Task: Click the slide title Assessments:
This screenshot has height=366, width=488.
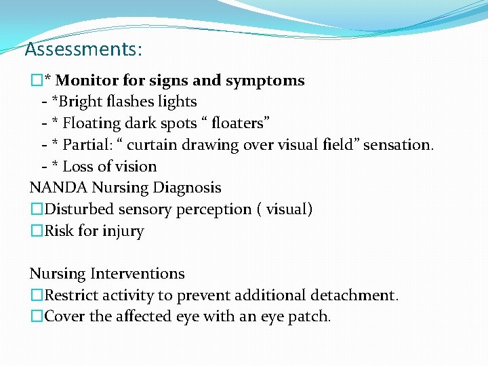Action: click(x=83, y=49)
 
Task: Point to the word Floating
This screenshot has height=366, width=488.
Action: click(x=92, y=123)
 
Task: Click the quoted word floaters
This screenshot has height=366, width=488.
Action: click(x=239, y=123)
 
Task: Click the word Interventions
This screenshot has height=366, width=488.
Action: click(x=138, y=274)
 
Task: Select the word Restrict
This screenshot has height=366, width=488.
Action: click(x=70, y=296)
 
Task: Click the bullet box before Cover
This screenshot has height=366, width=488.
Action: click(x=36, y=317)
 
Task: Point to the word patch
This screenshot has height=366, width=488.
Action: click(x=312, y=317)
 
